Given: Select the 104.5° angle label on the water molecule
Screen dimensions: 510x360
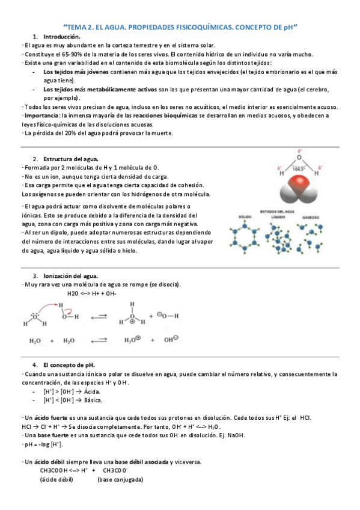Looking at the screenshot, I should pos(299,170).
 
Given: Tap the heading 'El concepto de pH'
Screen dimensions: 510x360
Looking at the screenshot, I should pos(69,365).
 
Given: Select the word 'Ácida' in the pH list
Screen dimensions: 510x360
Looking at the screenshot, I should pos(93,391).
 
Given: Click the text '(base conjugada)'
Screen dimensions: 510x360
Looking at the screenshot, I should pos(120,479).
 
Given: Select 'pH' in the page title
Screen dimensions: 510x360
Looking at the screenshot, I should pos(290,27).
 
